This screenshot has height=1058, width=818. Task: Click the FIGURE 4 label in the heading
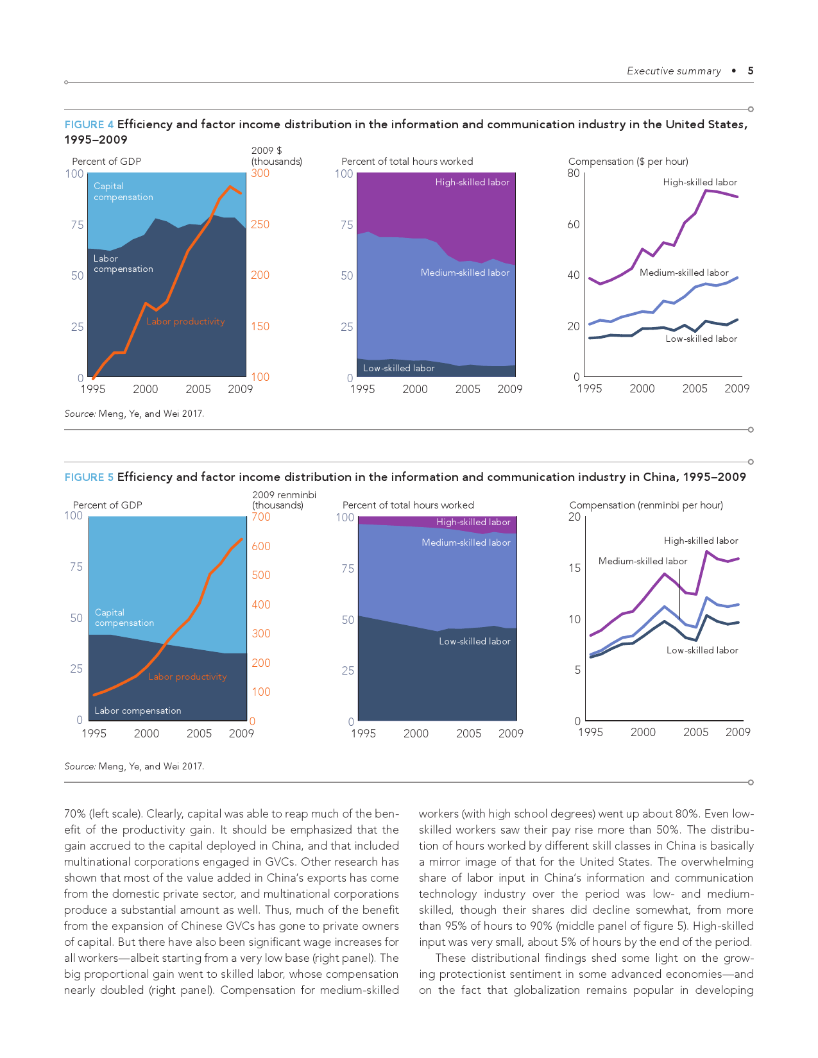[x=89, y=124]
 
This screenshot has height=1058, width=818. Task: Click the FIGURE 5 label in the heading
[x=89, y=477]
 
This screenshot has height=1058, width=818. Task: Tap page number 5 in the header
[x=751, y=71]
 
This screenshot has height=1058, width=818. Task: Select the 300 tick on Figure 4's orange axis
[x=260, y=173]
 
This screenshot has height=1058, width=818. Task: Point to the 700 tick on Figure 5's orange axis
[x=261, y=517]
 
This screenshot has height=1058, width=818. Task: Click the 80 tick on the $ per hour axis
[x=574, y=173]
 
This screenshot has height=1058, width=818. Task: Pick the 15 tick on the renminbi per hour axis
[x=574, y=568]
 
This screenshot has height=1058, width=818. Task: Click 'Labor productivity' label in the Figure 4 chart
[x=185, y=321]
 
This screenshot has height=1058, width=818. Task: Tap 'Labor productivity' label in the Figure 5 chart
[x=187, y=676]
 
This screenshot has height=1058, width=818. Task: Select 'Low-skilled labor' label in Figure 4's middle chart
[x=398, y=368]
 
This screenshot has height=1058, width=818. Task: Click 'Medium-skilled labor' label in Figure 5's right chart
[x=642, y=561]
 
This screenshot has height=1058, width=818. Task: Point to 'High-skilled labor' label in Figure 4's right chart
[x=700, y=182]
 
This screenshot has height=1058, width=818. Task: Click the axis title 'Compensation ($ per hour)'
[x=628, y=162]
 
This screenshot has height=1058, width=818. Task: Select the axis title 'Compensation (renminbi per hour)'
[x=646, y=505]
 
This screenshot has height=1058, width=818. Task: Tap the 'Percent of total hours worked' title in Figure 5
[x=408, y=505]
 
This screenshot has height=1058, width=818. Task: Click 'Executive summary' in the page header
[x=674, y=71]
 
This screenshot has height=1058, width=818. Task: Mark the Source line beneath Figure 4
[x=134, y=414]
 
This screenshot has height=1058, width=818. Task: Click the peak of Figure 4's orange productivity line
[x=230, y=187]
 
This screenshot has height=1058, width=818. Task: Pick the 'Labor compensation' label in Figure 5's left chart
[x=138, y=710]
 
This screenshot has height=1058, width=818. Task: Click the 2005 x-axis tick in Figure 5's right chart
[x=695, y=732]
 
